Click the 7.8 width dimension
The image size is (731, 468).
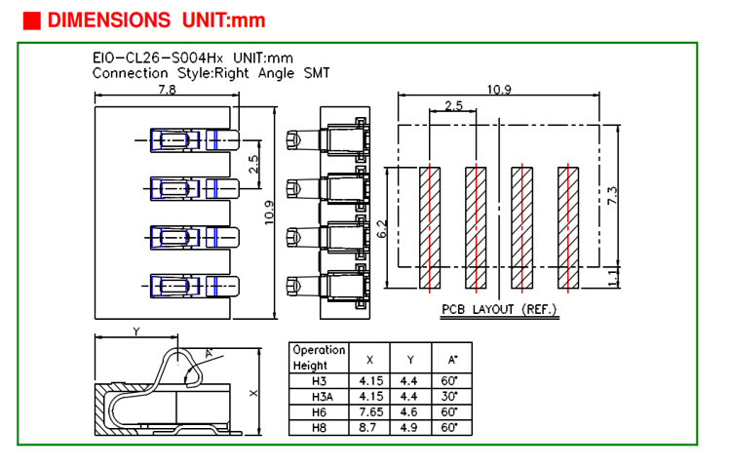pos(167,90)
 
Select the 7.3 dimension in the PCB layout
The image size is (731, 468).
pos(612,195)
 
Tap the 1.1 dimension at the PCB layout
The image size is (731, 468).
pos(612,278)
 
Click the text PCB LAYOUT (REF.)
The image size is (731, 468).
pos(498,309)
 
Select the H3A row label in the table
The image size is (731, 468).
pos(321,397)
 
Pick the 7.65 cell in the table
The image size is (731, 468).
pos(369,411)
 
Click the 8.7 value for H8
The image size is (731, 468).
pos(369,427)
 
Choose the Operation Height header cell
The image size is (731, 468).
pos(319,358)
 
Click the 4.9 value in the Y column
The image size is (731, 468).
pos(409,427)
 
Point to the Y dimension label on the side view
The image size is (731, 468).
pos(136,331)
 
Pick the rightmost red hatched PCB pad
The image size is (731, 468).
pos(568,228)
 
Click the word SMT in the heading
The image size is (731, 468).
pos(317,72)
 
